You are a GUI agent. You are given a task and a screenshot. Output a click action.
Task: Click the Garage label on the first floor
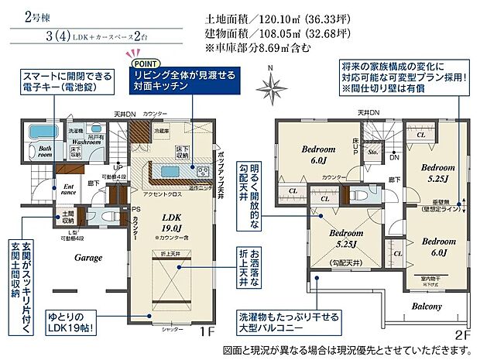tap(86, 257)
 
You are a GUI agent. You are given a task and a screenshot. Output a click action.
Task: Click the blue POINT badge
tap(142, 63)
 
